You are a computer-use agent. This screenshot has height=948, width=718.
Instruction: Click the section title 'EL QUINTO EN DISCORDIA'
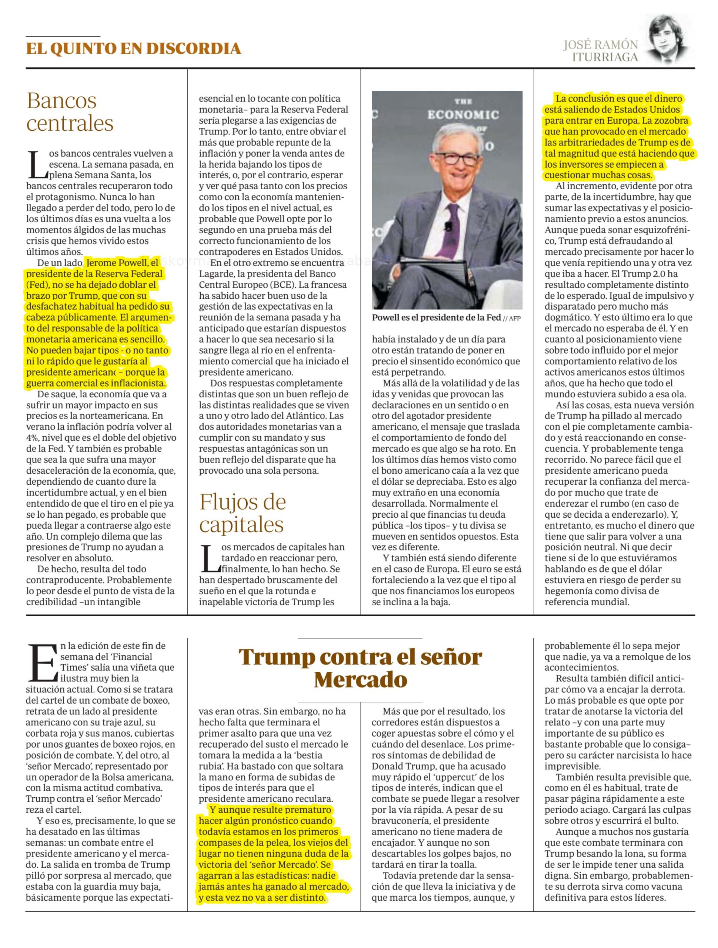(133, 49)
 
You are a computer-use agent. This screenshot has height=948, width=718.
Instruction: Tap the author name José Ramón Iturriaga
(600, 51)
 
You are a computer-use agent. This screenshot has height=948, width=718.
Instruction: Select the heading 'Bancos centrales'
(70, 112)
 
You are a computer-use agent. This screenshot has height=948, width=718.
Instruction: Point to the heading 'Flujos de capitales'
(242, 513)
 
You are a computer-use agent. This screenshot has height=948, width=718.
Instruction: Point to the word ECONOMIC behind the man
(463, 114)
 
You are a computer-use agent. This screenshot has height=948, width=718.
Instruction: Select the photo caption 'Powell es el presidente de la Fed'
(436, 318)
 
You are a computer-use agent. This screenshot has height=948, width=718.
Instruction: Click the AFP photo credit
(514, 318)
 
